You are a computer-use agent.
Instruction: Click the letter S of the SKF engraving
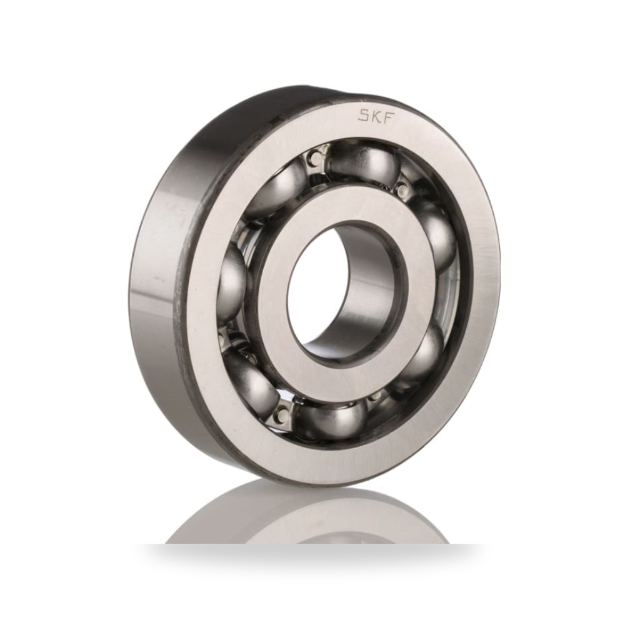coord(364,116)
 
